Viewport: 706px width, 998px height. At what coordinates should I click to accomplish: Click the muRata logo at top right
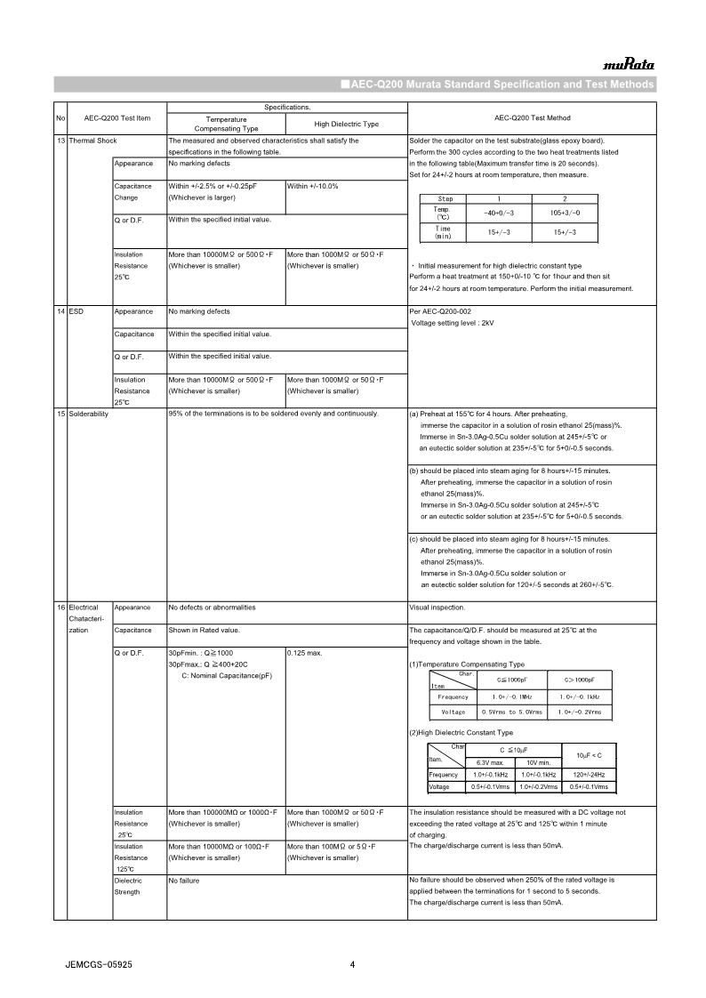click(x=629, y=64)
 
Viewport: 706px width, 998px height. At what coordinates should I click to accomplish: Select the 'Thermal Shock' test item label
click(x=92, y=141)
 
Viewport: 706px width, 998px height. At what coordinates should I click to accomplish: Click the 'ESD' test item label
click(x=76, y=311)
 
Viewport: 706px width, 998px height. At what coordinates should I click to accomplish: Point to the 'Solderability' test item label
click(x=88, y=414)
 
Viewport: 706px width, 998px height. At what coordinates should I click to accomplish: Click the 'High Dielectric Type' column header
click(x=346, y=124)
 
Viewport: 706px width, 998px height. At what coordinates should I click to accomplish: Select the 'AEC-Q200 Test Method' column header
click(x=532, y=118)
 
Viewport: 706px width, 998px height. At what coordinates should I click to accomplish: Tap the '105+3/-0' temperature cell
click(x=565, y=213)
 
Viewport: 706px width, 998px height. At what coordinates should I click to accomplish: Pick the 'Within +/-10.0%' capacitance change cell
click(x=312, y=186)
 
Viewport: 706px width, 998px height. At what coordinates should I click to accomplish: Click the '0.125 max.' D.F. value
click(x=304, y=653)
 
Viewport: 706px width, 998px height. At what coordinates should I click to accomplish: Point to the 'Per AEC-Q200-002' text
click(x=441, y=311)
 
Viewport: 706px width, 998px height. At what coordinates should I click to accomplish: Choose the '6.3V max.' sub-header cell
click(x=491, y=763)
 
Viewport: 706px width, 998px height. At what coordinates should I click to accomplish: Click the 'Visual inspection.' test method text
click(x=437, y=608)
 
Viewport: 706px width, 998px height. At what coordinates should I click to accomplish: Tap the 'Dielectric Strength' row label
click(x=128, y=886)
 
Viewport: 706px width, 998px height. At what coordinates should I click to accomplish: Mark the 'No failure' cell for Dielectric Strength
click(x=184, y=881)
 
